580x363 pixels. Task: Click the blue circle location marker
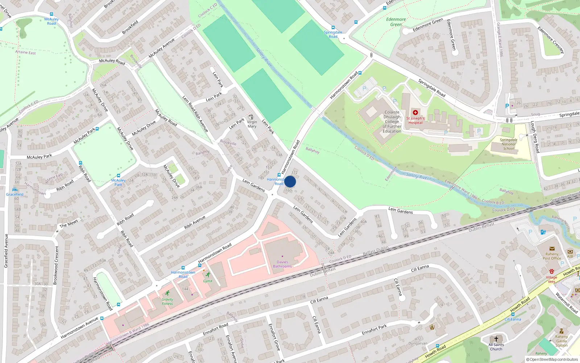290,181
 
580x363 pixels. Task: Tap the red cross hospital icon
415,113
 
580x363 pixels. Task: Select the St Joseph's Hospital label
415,121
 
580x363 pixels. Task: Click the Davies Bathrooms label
282,264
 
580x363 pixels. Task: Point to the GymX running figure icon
208,275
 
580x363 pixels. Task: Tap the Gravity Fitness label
167,302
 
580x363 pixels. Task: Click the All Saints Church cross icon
496,339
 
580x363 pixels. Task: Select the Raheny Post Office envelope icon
552,249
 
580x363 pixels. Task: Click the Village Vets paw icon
551,271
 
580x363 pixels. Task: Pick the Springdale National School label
509,144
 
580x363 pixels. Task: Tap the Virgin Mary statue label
252,124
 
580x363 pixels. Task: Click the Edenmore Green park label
396,22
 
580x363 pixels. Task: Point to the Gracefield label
15,194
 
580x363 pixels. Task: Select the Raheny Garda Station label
561,341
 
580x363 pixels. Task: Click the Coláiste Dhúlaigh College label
392,122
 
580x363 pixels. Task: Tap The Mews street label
69,223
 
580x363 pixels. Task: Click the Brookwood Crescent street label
56,265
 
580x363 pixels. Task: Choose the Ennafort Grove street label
274,337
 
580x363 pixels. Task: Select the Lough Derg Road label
535,137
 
